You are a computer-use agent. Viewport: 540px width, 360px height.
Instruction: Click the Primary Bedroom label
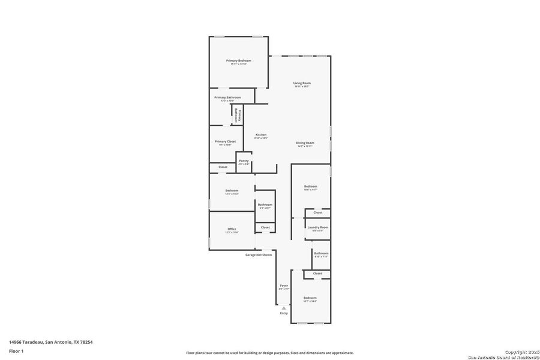click(238, 61)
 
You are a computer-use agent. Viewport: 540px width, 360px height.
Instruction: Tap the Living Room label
click(302, 83)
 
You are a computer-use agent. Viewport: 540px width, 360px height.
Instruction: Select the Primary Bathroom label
click(227, 97)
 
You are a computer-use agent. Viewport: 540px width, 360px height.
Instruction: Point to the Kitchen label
click(261, 134)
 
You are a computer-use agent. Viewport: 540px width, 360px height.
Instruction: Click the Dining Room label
click(305, 143)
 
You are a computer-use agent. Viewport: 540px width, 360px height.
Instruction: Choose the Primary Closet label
click(225, 142)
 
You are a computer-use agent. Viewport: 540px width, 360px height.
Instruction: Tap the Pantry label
click(244, 161)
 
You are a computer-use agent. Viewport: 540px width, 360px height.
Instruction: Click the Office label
click(232, 229)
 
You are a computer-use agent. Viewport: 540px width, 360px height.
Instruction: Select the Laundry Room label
click(317, 227)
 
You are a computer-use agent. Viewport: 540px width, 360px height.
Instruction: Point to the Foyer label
click(284, 286)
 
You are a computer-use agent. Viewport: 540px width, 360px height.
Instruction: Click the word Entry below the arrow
click(284, 313)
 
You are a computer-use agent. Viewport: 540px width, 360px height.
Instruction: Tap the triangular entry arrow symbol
click(284, 307)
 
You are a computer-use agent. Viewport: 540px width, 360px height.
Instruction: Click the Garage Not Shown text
click(258, 254)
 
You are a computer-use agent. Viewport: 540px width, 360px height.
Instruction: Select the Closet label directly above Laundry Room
click(317, 212)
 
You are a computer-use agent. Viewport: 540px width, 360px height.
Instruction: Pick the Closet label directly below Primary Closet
click(223, 167)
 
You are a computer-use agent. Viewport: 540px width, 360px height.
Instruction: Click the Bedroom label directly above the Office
click(232, 191)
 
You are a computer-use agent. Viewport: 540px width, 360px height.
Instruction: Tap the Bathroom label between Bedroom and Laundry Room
click(265, 205)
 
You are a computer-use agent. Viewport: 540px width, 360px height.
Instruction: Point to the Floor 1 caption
click(16, 351)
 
